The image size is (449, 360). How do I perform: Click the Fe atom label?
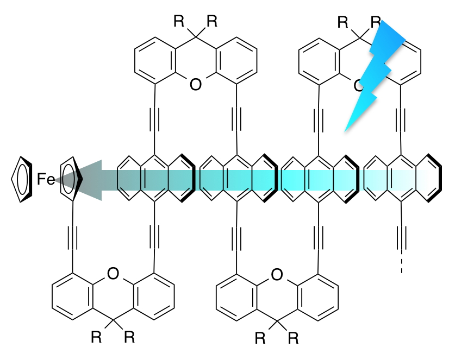pos(46,178)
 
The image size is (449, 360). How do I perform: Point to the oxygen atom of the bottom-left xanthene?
pos(113,274)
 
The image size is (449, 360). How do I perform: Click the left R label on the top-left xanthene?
pos(179,22)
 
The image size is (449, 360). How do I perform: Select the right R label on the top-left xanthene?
pos(211,22)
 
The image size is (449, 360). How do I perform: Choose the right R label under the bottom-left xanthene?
pos(129,338)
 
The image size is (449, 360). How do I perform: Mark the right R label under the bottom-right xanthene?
pos(294,338)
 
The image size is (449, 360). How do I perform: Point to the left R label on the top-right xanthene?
pos(342,22)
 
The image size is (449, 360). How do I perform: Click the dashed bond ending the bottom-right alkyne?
pos(401,266)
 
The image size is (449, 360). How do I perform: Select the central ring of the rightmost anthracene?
pos(402,178)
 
